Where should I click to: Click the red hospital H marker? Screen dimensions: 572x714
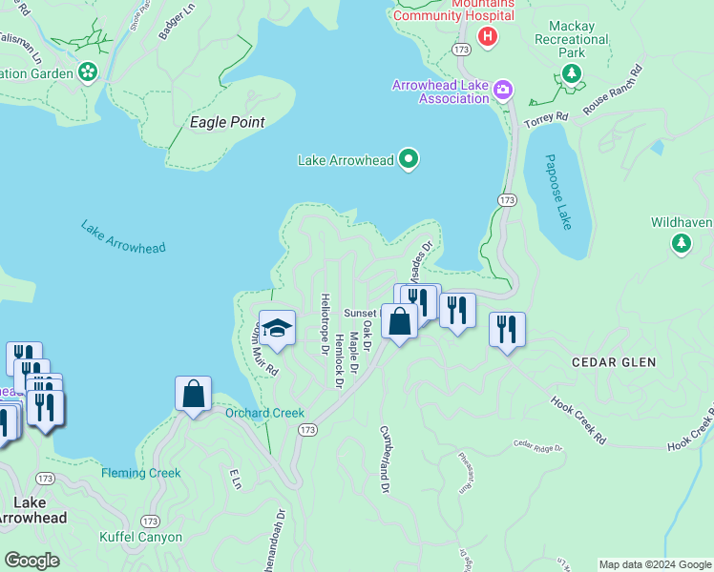(488, 37)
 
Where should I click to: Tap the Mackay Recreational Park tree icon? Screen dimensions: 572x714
(572, 75)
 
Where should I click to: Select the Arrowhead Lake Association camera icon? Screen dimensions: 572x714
(503, 91)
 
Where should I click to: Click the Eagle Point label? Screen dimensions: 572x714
(227, 122)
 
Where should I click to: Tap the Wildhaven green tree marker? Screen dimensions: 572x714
(682, 244)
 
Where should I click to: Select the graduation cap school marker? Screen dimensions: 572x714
(277, 328)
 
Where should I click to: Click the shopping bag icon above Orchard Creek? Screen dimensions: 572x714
(193, 394)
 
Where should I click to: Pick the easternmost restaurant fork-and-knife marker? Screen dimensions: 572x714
(507, 331)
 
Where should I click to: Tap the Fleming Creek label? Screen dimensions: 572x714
(141, 473)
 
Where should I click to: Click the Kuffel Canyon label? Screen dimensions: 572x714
(140, 537)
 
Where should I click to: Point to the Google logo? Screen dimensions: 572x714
(31, 561)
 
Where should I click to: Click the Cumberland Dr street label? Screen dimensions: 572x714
(385, 460)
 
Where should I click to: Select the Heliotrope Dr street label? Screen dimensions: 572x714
(325, 324)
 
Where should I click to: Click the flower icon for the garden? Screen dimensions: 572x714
(88, 71)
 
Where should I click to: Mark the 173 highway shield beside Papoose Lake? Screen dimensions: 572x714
(506, 199)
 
